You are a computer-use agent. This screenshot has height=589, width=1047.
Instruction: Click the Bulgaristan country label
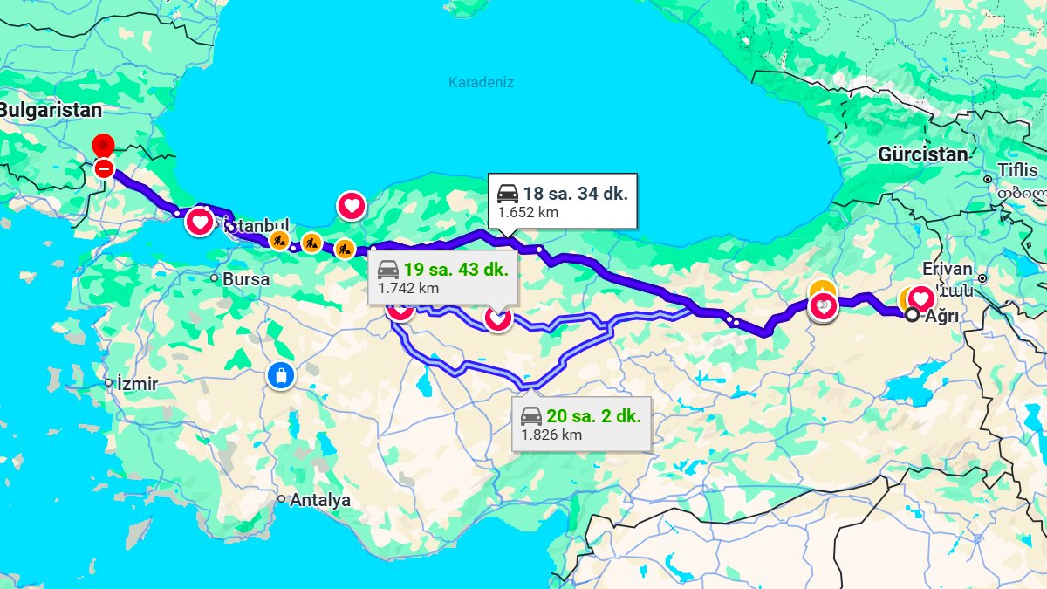[51, 111]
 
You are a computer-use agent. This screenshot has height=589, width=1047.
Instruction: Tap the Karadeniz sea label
[481, 83]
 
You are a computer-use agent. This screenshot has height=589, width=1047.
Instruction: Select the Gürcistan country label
[923, 155]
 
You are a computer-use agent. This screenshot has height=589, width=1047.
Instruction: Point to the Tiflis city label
[1018, 168]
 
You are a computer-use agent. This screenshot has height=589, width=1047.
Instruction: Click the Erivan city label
[946, 270]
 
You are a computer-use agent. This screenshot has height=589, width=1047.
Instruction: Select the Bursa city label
[246, 280]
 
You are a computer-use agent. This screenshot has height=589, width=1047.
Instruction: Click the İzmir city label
[137, 383]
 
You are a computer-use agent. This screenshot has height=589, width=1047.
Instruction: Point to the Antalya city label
[320, 500]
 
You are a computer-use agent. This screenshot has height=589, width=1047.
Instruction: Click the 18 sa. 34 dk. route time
[575, 194]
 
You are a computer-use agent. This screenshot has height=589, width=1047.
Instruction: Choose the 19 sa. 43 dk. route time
[455, 269]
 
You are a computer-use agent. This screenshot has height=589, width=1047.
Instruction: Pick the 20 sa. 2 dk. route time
[593, 416]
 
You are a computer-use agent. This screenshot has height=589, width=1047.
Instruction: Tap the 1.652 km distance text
[528, 212]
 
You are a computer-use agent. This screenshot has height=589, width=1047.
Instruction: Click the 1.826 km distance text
[551, 435]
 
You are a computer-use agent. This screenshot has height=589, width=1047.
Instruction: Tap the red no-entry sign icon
[104, 168]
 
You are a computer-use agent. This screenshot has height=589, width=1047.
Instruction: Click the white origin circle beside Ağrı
[912, 315]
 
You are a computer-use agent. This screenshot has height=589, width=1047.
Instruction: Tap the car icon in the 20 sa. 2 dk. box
[531, 416]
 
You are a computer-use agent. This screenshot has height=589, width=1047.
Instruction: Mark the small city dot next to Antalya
[281, 499]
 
